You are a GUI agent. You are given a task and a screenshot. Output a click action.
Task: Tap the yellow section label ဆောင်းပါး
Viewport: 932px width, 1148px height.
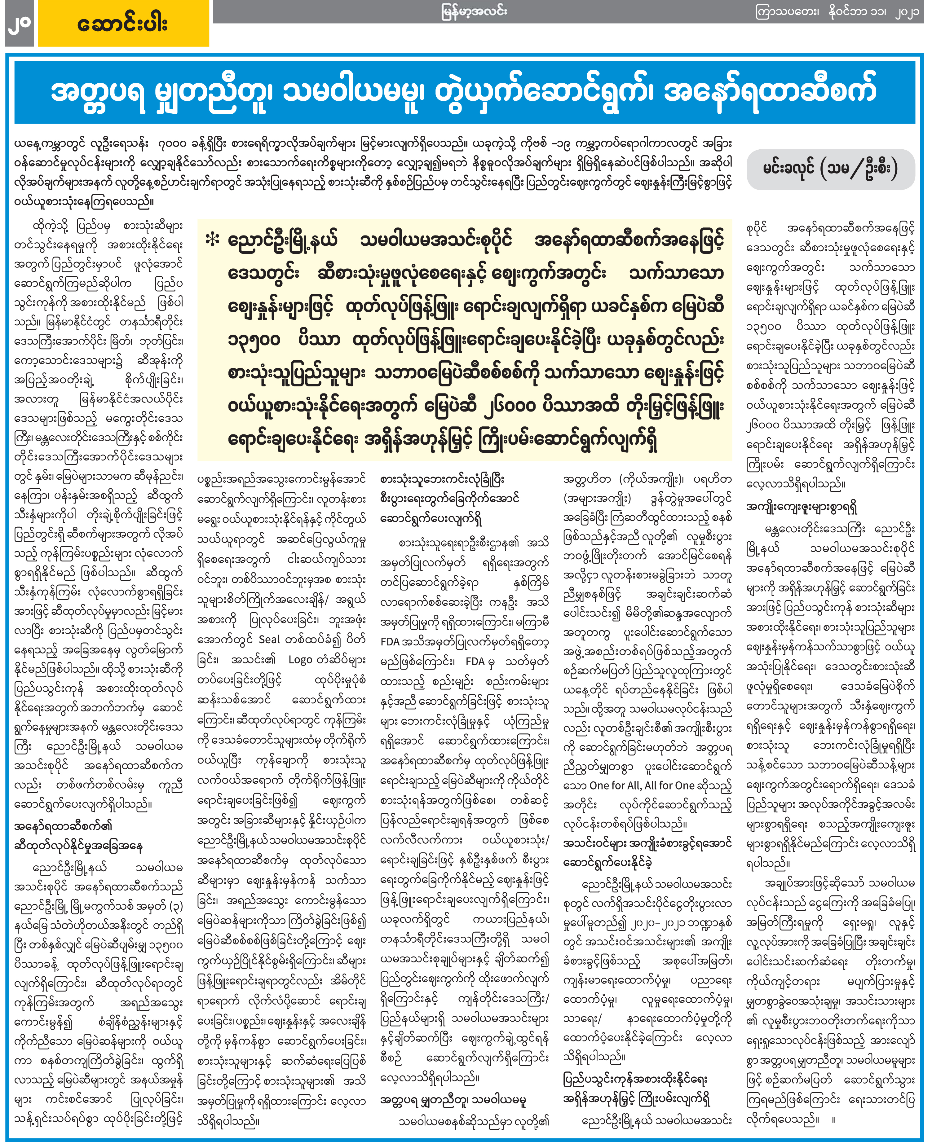(x=123, y=24)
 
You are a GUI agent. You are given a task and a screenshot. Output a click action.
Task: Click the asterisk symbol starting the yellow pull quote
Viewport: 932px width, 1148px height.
(x=213, y=240)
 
